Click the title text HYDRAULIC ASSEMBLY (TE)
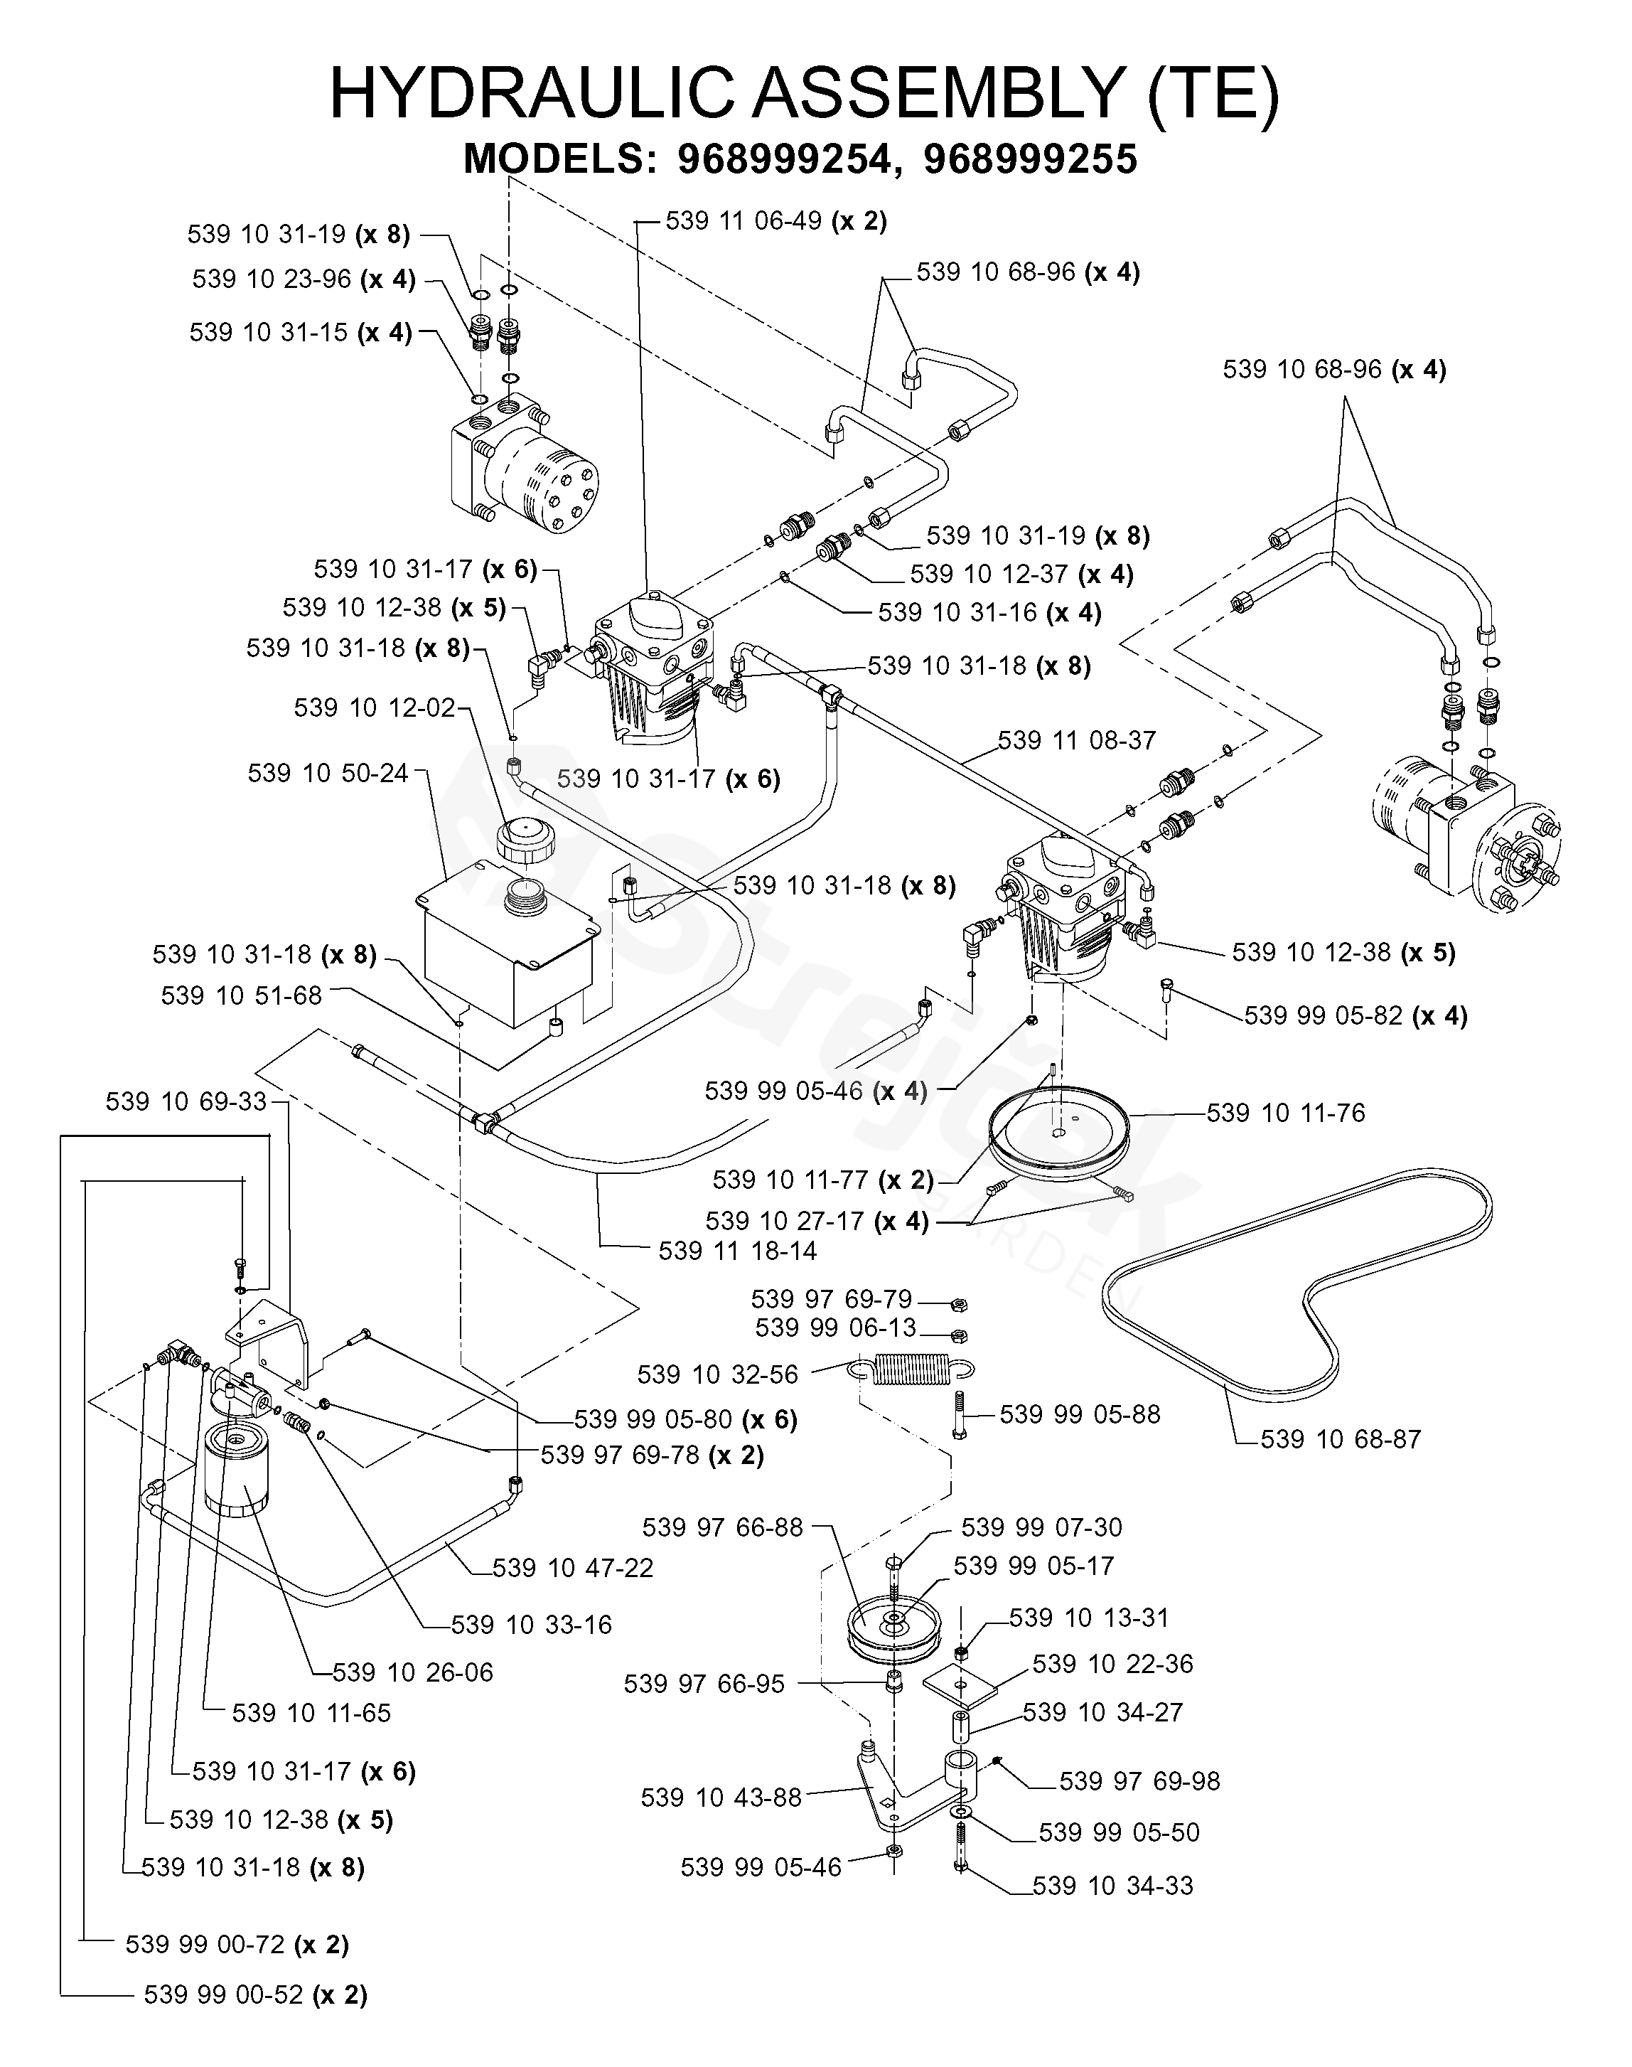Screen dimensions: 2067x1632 coord(804,94)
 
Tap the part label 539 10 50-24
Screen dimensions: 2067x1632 coord(328,773)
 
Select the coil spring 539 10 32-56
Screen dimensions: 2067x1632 coord(911,1370)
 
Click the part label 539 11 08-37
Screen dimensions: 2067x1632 coord(1077,741)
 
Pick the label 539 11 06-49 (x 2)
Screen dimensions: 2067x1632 coord(776,220)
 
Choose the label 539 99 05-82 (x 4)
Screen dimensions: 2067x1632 coord(1355,1016)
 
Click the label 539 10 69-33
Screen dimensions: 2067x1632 coord(186,1102)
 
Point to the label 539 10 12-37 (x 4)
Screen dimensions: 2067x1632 coord(1021,575)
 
